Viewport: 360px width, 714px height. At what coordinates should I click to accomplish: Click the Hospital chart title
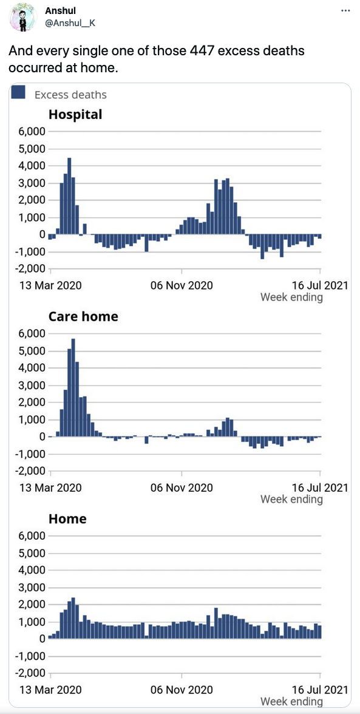75,115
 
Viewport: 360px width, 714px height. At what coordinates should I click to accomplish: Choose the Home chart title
67,518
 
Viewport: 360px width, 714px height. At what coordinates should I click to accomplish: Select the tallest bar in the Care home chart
73,388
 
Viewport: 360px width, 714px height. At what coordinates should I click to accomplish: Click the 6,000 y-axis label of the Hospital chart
32,132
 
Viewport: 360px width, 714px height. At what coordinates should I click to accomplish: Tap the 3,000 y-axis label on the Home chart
32,588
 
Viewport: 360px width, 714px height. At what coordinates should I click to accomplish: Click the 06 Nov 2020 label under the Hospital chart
182,285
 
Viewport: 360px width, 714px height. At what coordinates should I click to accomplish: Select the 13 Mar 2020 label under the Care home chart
51,488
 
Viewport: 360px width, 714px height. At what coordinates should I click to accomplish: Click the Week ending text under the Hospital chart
292,297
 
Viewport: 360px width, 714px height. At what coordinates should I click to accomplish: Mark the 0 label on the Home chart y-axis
42,639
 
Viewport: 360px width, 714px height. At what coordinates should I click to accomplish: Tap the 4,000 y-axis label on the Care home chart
32,368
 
